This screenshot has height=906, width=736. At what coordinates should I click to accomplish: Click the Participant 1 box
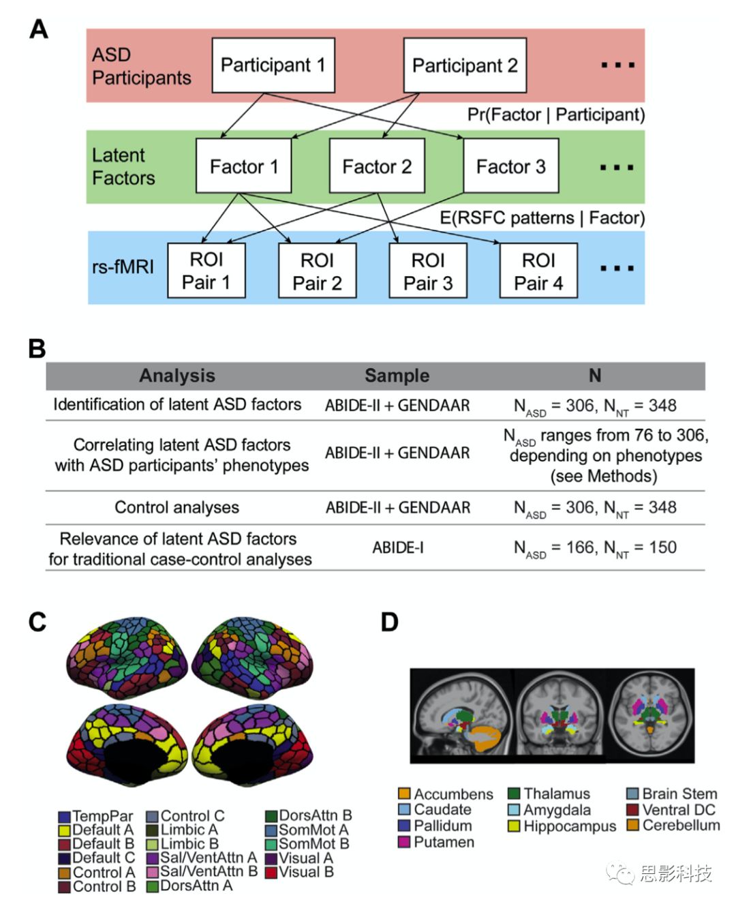click(x=273, y=65)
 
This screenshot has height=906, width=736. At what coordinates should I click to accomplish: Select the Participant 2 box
click(x=465, y=65)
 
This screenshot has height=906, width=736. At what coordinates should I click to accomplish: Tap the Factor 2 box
click(x=377, y=166)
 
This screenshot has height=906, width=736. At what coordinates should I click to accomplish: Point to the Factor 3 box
click(x=510, y=166)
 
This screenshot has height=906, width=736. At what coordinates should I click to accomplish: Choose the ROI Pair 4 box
click(x=538, y=271)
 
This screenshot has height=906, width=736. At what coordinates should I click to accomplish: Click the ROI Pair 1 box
click(x=206, y=271)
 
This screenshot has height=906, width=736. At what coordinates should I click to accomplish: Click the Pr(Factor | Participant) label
click(x=555, y=115)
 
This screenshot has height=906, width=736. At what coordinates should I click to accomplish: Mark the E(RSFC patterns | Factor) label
click(x=542, y=217)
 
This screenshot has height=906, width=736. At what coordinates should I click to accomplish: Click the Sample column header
click(x=397, y=376)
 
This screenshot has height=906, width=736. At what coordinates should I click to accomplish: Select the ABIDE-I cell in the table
click(x=398, y=547)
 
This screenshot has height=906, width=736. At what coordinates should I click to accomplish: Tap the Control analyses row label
click(x=177, y=507)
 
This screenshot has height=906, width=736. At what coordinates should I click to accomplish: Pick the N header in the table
click(x=595, y=376)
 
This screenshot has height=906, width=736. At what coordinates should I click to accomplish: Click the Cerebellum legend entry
click(x=673, y=826)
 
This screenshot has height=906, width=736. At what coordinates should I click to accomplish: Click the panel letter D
click(x=389, y=622)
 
